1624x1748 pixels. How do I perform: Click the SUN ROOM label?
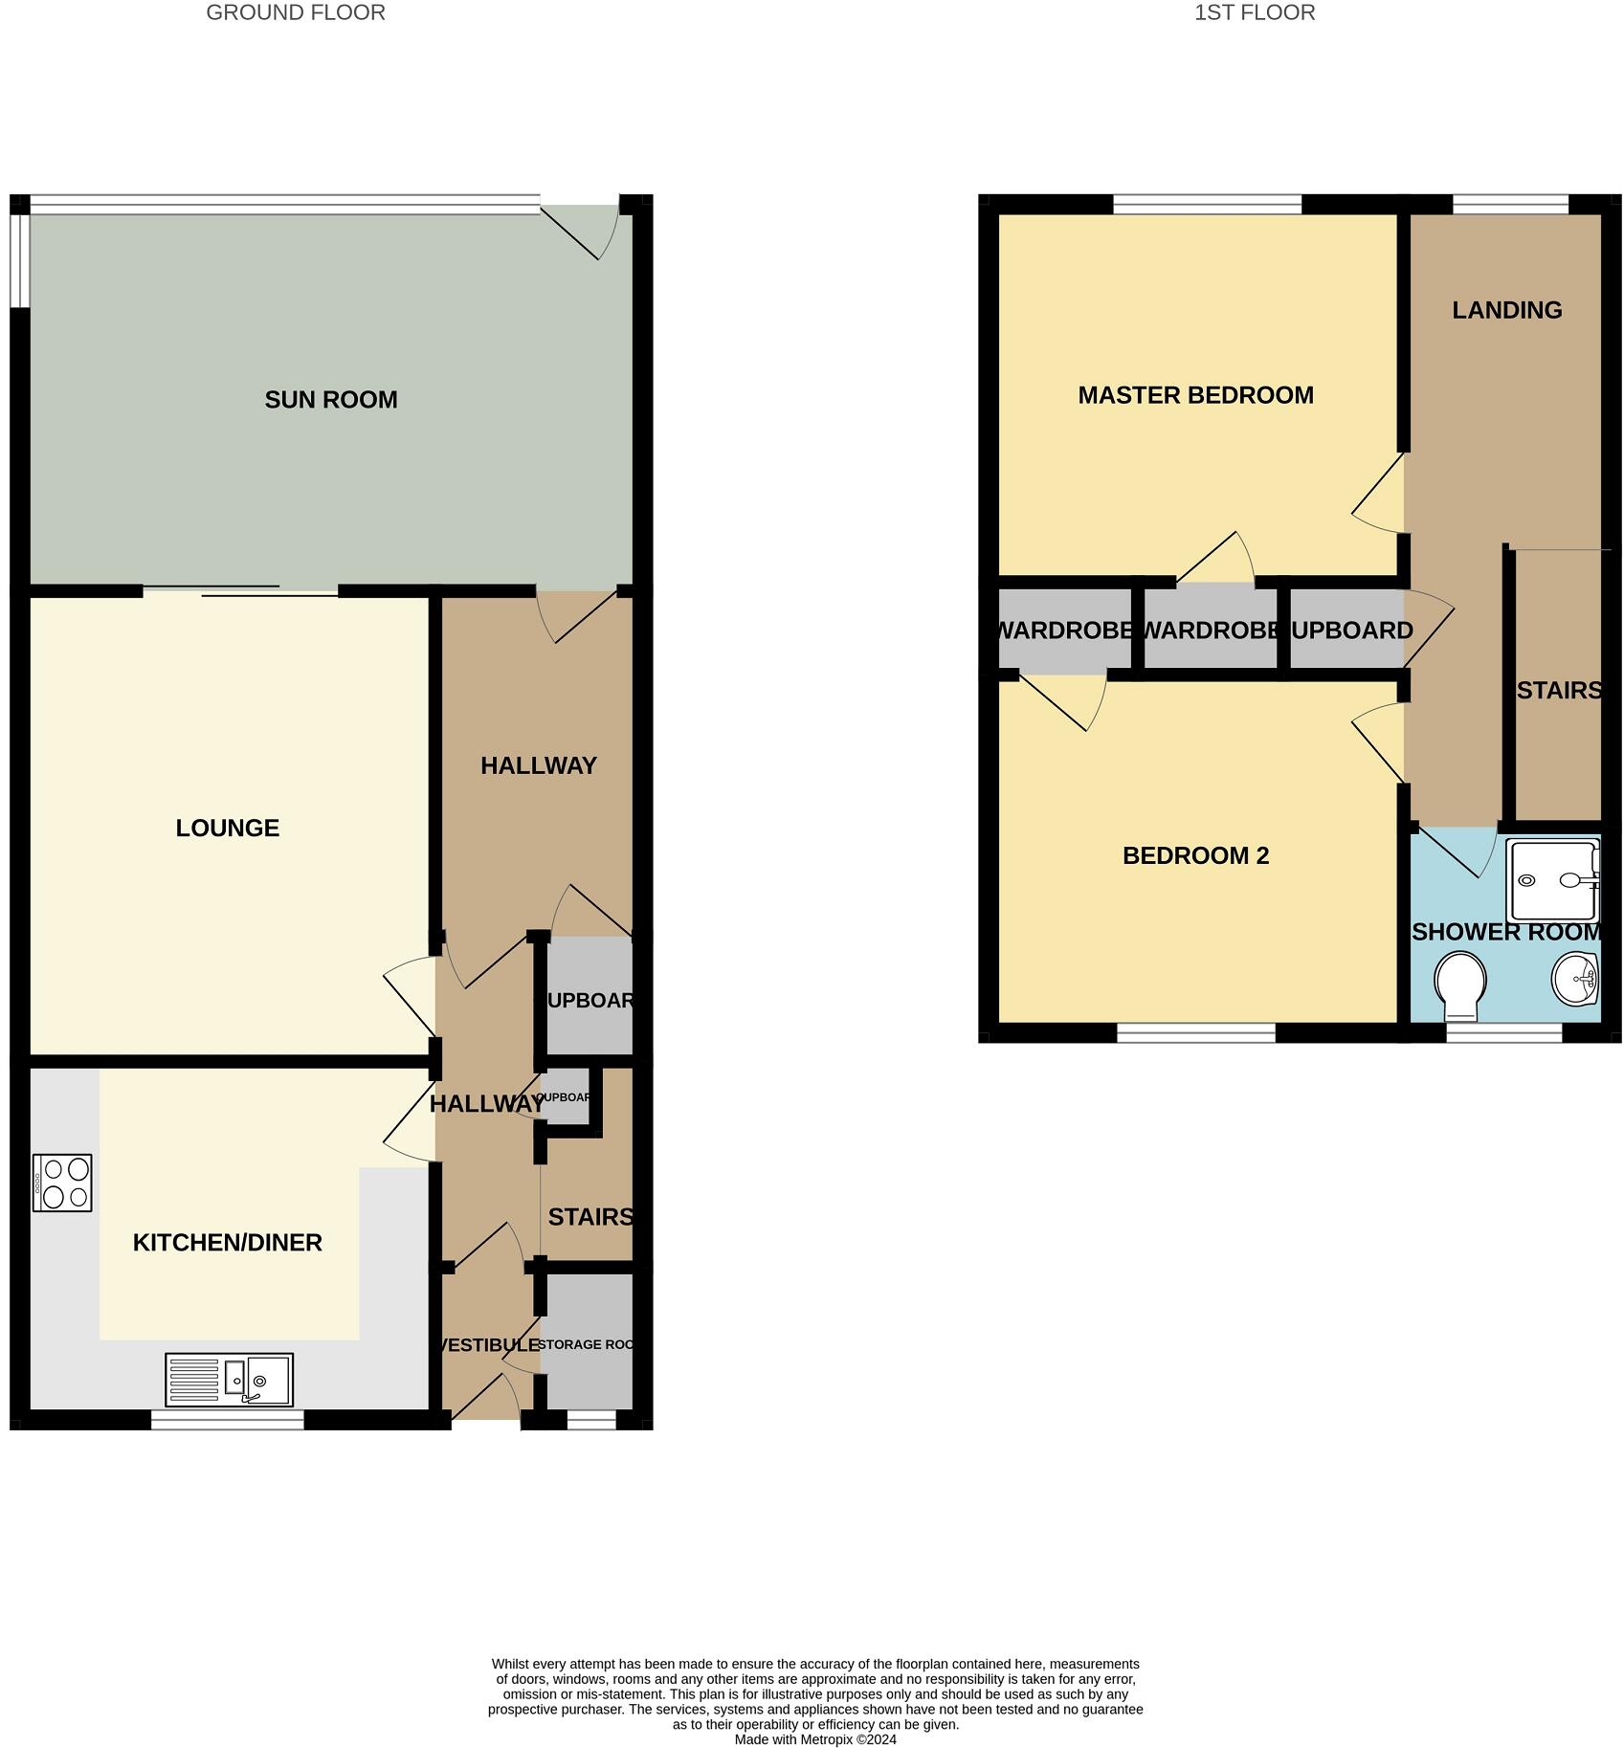330,400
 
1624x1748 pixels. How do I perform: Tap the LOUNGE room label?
227,828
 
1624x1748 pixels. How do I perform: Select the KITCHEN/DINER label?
227,1242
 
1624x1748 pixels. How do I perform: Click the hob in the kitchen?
62,1183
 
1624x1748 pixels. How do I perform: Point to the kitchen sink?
229,1379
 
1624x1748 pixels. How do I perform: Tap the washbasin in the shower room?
1574,979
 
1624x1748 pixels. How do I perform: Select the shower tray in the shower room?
1551,878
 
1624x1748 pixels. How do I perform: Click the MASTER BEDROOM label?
1195,395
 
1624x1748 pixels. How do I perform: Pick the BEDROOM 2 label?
1195,855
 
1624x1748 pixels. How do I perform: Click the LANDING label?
1506,310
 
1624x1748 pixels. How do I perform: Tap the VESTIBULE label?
486,1344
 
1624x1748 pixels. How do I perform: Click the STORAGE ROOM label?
586,1344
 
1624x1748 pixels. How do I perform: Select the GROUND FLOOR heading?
296,12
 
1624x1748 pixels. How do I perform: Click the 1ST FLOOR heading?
1254,12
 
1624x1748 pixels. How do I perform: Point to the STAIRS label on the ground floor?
590,1217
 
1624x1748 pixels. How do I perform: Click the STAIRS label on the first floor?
1558,690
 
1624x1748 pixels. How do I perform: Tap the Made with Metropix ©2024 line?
815,1739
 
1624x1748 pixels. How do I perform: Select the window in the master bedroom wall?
1208,204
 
